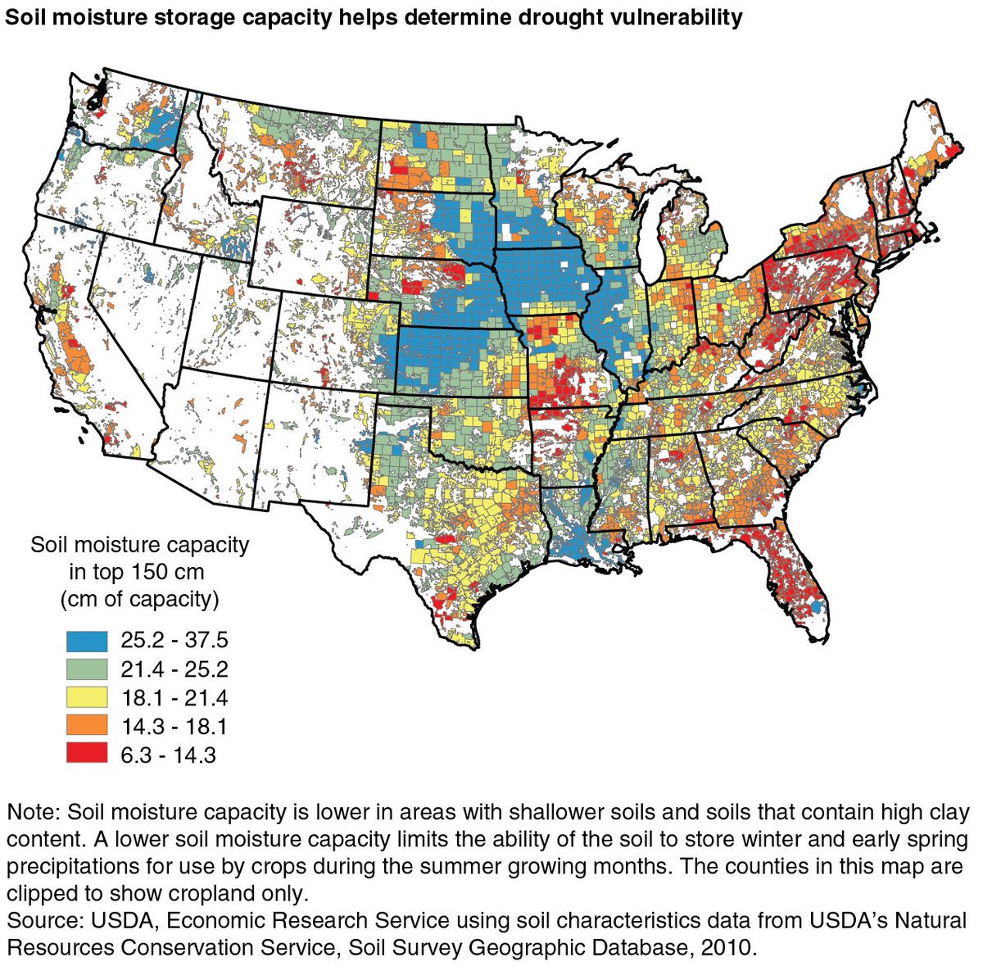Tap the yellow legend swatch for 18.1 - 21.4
[87, 698]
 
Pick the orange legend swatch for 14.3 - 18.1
[87, 727]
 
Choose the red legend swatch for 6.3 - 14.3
[87, 755]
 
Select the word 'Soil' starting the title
[25, 17]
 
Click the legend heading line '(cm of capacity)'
[140, 599]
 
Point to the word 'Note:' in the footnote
[34, 813]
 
